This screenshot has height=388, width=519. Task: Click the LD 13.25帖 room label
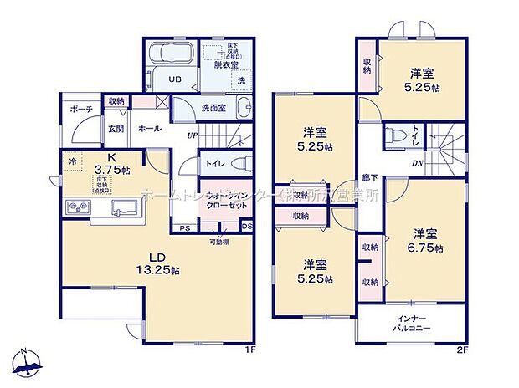[x=153, y=263]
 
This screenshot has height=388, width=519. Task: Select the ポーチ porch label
[x=81, y=109]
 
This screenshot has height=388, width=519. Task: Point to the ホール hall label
[x=151, y=129]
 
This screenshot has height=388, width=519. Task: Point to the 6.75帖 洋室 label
[x=426, y=241]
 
